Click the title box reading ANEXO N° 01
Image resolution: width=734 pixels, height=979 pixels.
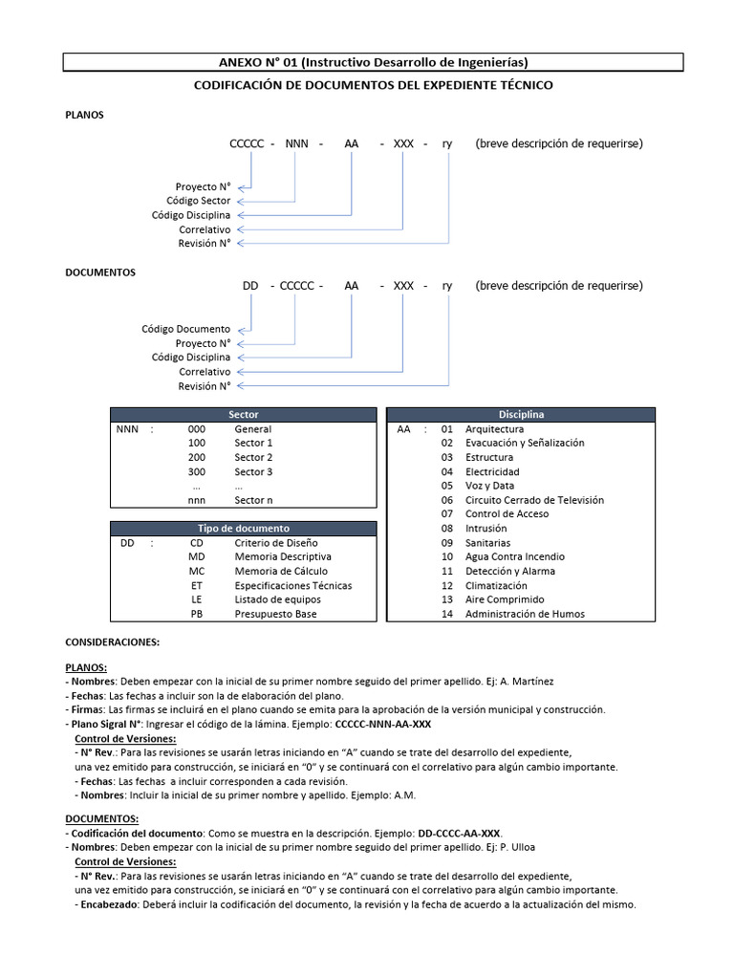point(373,62)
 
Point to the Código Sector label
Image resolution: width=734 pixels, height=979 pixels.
point(198,201)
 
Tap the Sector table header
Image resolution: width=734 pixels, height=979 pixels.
point(244,415)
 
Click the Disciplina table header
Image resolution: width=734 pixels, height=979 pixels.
point(521,415)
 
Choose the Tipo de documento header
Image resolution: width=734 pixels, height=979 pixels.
point(244,528)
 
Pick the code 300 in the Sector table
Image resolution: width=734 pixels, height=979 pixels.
point(197,472)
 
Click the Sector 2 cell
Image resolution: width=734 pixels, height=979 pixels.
point(253,458)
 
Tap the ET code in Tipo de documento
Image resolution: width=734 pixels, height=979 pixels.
point(197,585)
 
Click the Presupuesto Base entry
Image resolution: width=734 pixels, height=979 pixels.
point(277,614)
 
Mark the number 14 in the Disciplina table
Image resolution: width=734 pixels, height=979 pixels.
point(446,614)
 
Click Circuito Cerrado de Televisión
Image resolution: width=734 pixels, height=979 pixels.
point(534,500)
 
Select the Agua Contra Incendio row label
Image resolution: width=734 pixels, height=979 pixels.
point(514,556)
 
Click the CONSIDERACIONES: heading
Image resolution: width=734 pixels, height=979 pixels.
point(112,642)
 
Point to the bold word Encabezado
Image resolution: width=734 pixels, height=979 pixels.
point(110,904)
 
